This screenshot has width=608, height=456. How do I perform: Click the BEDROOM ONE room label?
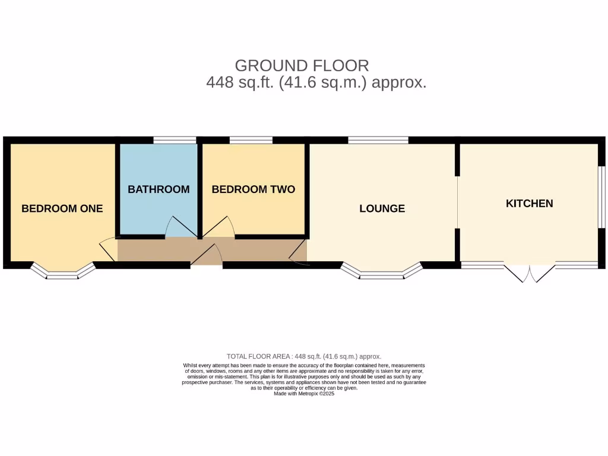pyautogui.click(x=62, y=208)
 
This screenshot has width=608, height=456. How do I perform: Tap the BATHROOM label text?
pyautogui.click(x=159, y=189)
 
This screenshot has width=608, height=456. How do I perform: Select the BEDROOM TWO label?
pyautogui.click(x=253, y=189)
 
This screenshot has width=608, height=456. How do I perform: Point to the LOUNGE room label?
pyautogui.click(x=382, y=208)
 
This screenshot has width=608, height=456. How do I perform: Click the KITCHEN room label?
pyautogui.click(x=529, y=203)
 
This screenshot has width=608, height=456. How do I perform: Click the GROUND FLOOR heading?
pyautogui.click(x=302, y=65)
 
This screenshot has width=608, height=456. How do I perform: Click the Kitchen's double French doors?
pyautogui.click(x=530, y=273)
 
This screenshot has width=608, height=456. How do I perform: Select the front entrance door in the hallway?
pyautogui.click(x=206, y=255)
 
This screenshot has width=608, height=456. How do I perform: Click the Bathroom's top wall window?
pyautogui.click(x=175, y=140)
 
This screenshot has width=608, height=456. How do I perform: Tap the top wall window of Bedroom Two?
pyautogui.click(x=251, y=140)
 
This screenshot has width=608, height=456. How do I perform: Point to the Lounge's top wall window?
pyautogui.click(x=378, y=140)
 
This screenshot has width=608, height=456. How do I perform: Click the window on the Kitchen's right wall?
pyautogui.click(x=601, y=197)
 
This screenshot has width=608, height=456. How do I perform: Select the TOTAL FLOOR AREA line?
pyautogui.click(x=304, y=356)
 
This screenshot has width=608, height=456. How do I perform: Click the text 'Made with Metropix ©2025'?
pyautogui.click(x=304, y=394)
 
